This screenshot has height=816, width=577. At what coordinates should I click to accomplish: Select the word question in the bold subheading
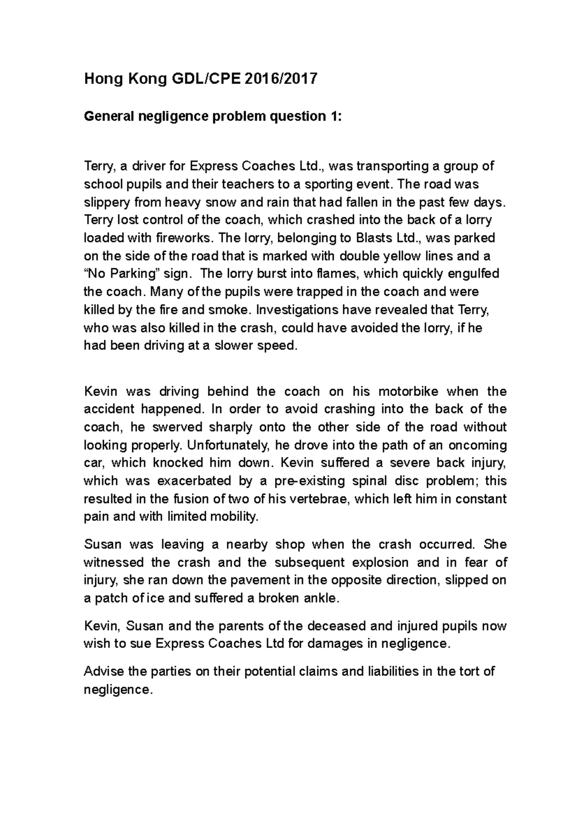point(294,117)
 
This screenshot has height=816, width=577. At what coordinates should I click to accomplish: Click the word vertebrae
point(320,499)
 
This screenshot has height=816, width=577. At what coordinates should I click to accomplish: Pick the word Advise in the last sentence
point(102,672)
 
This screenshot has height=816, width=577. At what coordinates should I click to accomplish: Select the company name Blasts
point(375,238)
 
